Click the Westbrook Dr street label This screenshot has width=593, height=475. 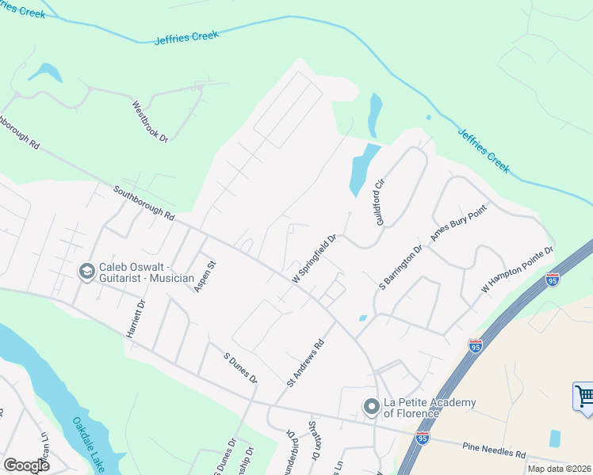point(151,122)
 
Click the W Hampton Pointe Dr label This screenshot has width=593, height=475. point(516,272)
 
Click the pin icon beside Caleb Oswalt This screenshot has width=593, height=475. point(86,272)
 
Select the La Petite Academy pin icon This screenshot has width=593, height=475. point(370,407)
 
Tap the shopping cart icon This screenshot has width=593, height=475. point(583,396)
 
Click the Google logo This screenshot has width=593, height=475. point(26,465)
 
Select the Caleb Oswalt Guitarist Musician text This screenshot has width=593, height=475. point(147,272)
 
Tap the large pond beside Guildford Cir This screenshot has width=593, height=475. point(363,170)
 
